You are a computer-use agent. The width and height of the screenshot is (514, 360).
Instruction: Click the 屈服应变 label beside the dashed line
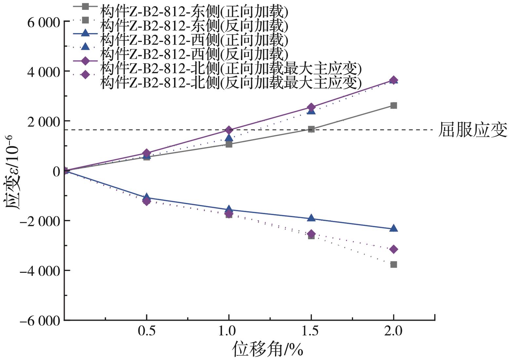(472, 130)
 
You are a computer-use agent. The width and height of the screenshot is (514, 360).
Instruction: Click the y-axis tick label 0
(56, 171)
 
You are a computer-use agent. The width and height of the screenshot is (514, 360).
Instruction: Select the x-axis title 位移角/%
(267, 350)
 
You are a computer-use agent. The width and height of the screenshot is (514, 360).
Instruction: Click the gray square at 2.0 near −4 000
(394, 264)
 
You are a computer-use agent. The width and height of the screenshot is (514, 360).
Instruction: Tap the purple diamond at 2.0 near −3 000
(394, 249)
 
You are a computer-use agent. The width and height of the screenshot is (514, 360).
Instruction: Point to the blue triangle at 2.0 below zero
(394, 228)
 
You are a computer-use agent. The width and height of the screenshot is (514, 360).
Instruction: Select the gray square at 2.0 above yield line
(394, 105)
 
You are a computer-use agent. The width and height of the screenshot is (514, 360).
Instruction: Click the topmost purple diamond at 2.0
(394, 80)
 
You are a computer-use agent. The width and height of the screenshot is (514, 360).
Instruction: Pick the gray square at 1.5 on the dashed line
(311, 129)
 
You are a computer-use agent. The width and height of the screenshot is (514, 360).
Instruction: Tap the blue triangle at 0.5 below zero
(147, 197)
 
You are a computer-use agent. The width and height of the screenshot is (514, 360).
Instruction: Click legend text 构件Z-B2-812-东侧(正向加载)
(194, 12)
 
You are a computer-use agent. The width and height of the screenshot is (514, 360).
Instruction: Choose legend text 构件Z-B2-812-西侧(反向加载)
(194, 53)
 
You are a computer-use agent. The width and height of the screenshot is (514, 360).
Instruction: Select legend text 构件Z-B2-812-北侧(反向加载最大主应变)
(231, 83)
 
